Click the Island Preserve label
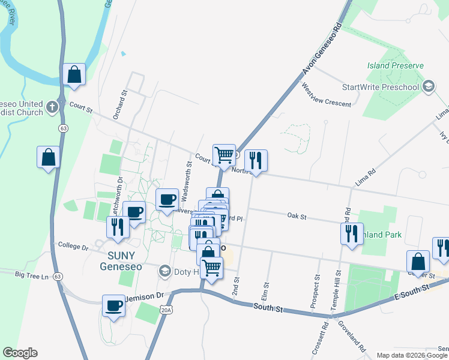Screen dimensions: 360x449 (396, 65)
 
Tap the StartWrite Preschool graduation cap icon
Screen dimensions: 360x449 (428, 87)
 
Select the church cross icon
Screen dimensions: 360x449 (52, 107)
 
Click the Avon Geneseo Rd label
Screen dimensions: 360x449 (321, 54)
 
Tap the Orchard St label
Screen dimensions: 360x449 (125, 105)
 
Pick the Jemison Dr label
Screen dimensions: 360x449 (143, 296)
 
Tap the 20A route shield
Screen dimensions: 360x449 (166, 309)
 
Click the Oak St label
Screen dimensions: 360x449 (297, 215)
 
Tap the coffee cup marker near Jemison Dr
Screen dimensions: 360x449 (113, 306)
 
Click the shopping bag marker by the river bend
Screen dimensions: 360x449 (74, 75)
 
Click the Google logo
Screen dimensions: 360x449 (20, 353)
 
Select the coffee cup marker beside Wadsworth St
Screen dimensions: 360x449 (167, 199)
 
